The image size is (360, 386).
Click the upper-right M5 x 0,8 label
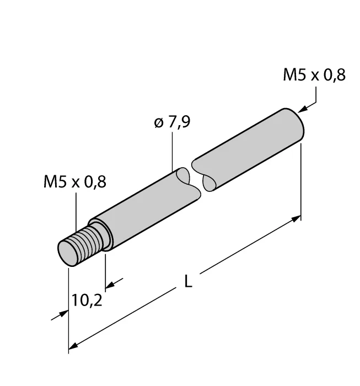coord(314,75)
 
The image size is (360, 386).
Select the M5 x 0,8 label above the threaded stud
coord(75,181)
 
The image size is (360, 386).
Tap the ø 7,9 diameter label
coord(172,122)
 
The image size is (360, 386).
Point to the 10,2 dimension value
coord(87,301)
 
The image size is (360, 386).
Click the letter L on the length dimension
coord(188,281)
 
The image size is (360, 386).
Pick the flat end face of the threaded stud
coord(67,254)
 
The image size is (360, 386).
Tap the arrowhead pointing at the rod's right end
coord(303,109)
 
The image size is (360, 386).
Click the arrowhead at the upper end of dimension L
coord(296,218)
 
